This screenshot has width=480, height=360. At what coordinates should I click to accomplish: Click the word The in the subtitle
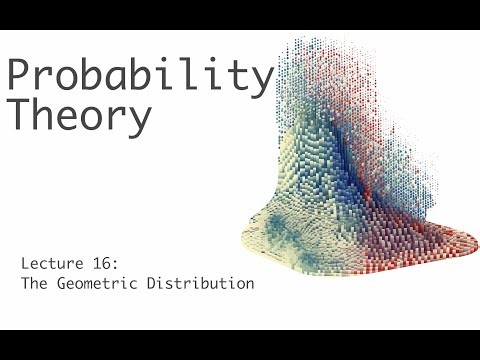[33, 284]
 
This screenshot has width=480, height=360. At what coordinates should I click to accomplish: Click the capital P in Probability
[21, 76]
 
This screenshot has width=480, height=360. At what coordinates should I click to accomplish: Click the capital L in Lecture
[25, 264]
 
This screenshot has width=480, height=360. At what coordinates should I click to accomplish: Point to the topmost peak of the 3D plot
[300, 42]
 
